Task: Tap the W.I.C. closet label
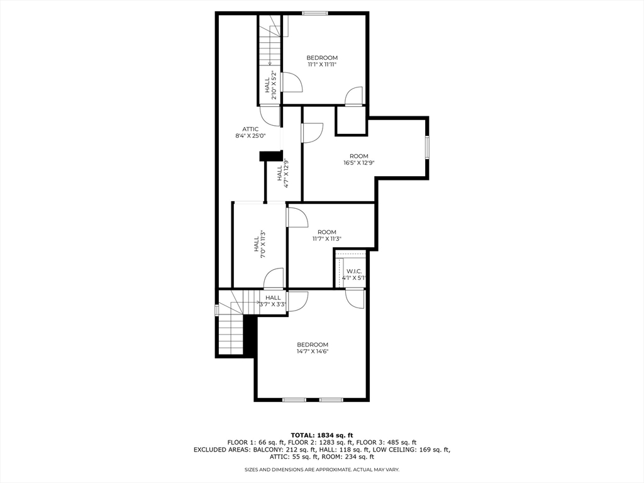tap(354, 271)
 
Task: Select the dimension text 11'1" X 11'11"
tap(322, 64)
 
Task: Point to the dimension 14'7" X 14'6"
tap(313, 352)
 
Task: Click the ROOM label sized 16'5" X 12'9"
tap(359, 156)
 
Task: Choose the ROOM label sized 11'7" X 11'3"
tap(327, 232)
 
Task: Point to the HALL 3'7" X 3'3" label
tap(273, 298)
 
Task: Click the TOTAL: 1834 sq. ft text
tap(322, 435)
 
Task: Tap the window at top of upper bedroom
tap(314, 13)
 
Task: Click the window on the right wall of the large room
tap(427, 147)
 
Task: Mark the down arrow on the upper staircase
tap(269, 62)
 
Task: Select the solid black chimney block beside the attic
tap(271, 156)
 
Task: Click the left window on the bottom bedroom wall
tap(294, 399)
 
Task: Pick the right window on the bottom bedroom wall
tap(331, 399)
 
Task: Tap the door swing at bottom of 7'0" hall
tap(274, 279)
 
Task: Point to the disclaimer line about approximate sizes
tap(322, 470)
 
